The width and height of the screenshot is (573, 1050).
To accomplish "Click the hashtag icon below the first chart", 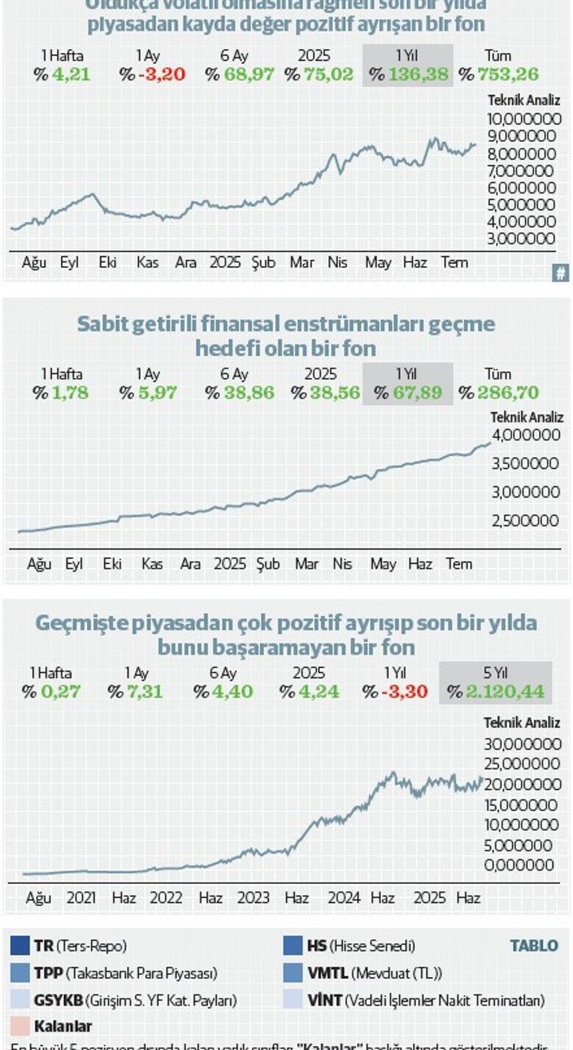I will [x=560, y=274].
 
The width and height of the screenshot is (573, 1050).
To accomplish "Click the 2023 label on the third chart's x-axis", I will [x=253, y=898].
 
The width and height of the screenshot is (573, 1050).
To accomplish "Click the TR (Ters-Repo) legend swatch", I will [x=21, y=946].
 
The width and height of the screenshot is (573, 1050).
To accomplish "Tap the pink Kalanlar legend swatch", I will [x=21, y=1026].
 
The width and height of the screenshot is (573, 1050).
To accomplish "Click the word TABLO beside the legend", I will [x=533, y=946].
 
